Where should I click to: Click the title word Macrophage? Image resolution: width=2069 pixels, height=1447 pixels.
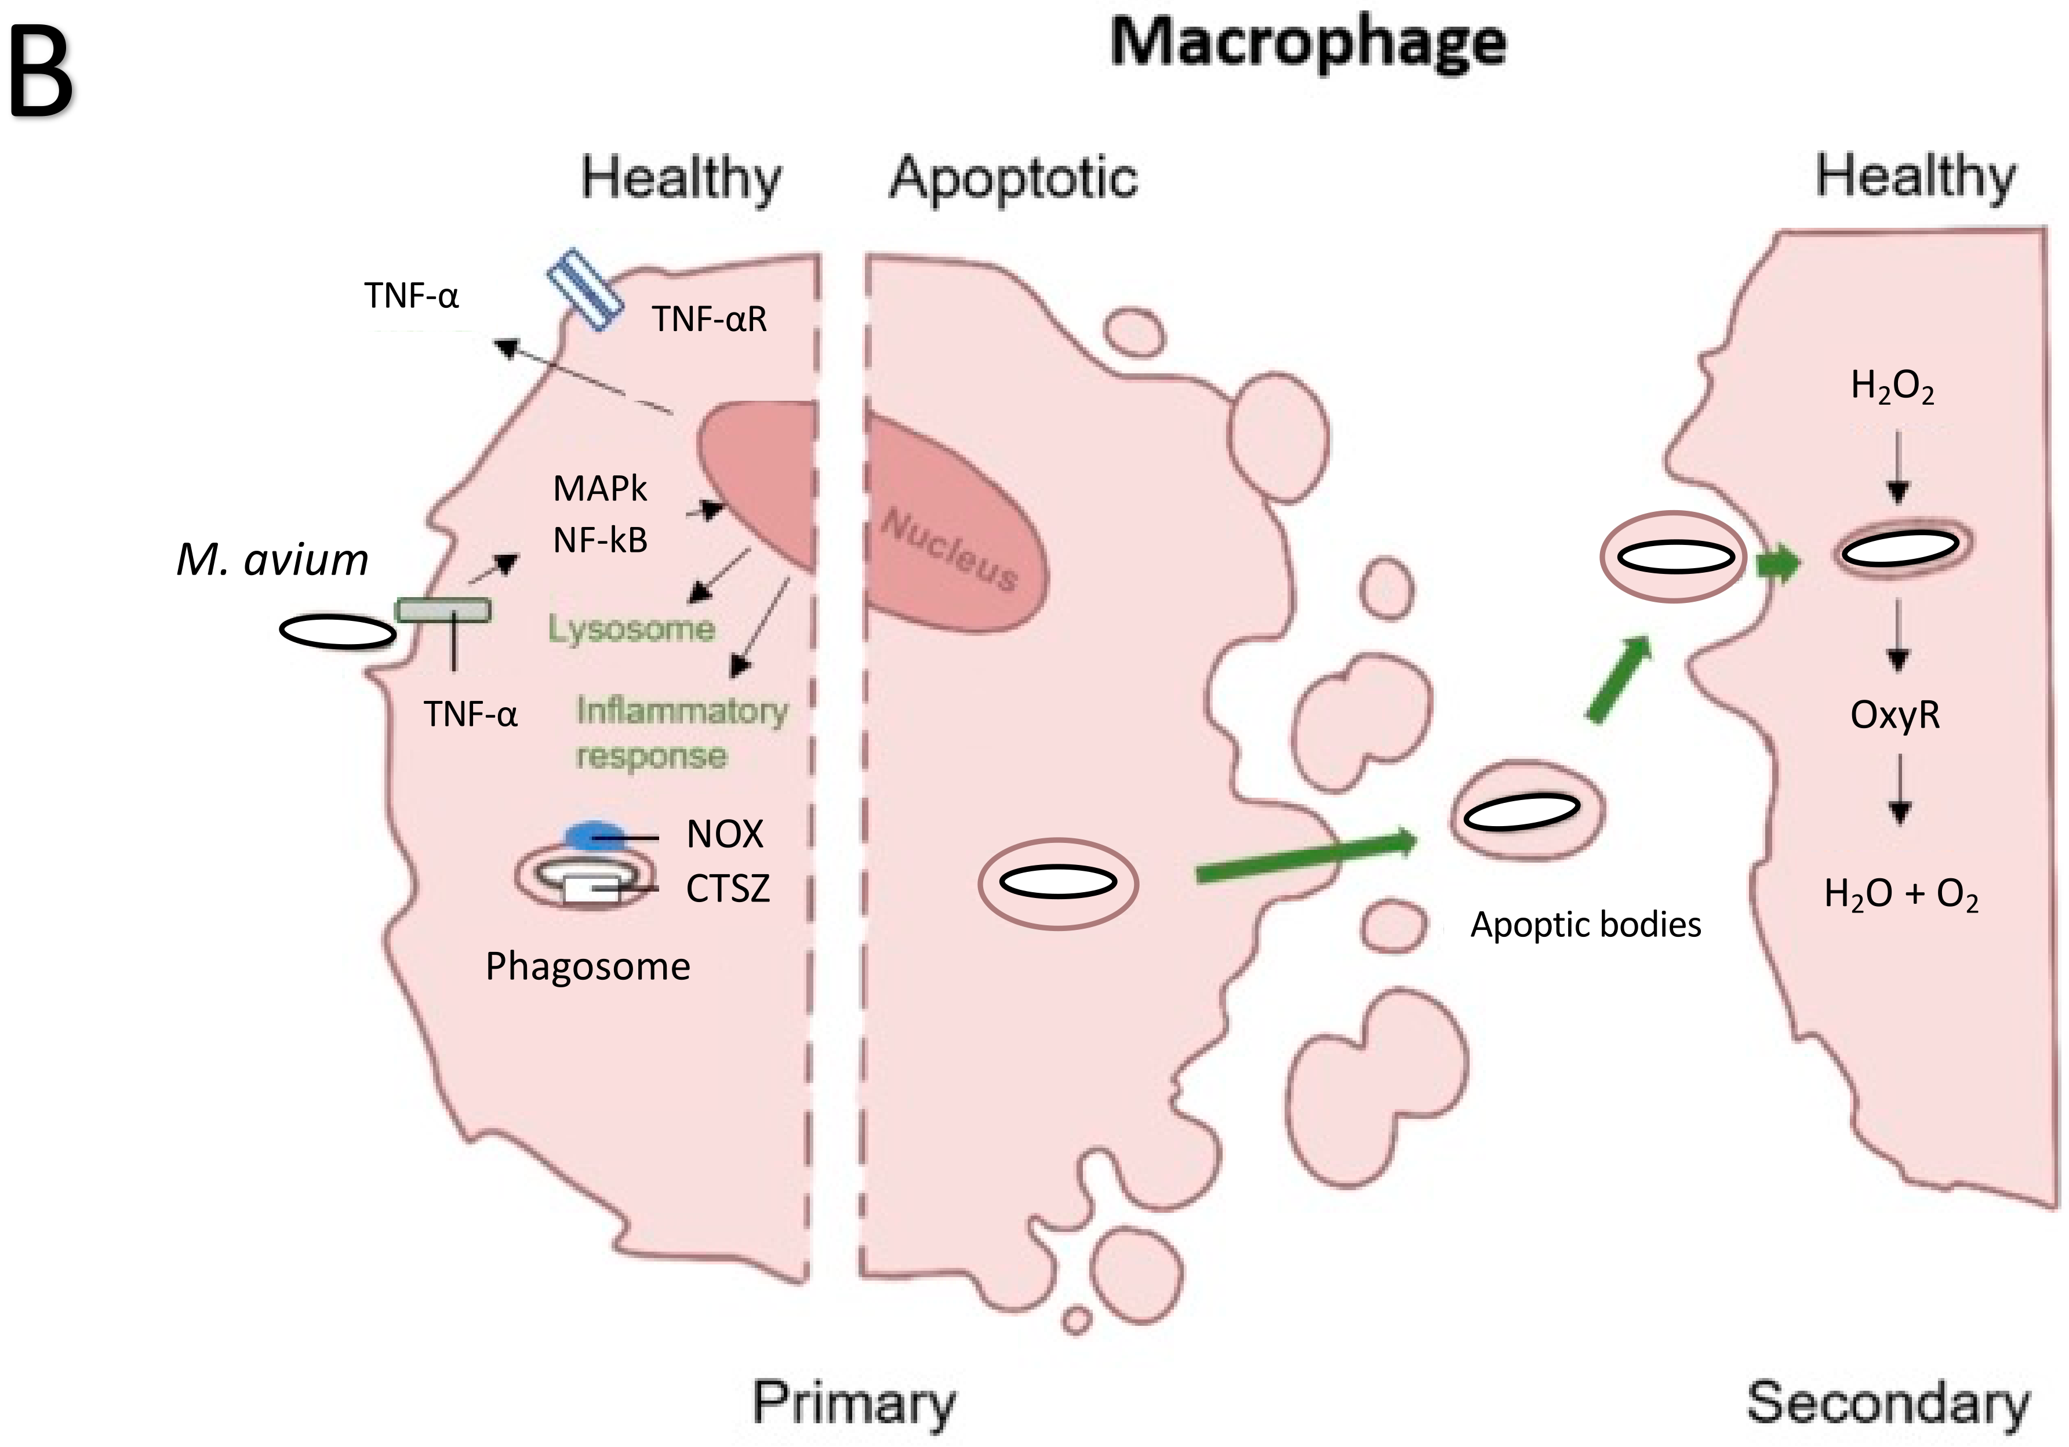1308,43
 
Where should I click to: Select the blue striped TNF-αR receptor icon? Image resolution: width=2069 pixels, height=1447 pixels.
586,290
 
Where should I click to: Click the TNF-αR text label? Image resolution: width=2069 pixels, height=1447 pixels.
709,319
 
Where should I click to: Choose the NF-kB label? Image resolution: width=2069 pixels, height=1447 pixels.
600,540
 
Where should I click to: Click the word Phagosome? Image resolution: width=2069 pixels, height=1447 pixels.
587,966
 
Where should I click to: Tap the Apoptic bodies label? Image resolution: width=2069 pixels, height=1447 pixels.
1586,925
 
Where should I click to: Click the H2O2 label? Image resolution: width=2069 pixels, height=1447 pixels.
1892,387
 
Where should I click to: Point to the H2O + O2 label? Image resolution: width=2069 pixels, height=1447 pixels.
1901,895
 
